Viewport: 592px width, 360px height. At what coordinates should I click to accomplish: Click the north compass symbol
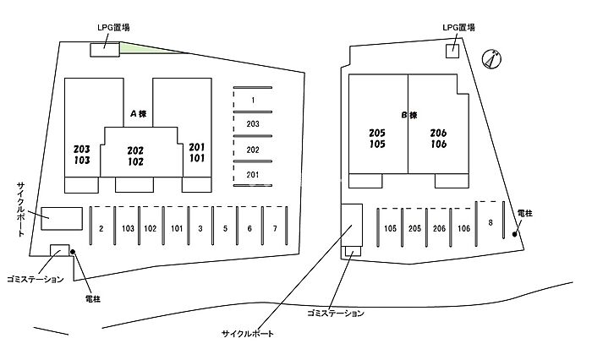pos(491,58)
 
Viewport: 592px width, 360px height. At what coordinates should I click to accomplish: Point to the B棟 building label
pos(409,115)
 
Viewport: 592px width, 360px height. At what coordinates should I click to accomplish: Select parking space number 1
pos(253,101)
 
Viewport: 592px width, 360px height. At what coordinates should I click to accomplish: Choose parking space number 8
pos(490,222)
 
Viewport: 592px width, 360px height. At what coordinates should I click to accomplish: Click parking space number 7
pos(275,229)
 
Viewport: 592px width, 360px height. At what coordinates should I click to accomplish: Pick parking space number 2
pos(101,229)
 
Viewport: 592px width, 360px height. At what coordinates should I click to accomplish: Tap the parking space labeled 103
pos(128,229)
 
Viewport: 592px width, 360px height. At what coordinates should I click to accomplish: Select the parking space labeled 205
pos(414,229)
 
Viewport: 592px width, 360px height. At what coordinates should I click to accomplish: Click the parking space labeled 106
pos(463,229)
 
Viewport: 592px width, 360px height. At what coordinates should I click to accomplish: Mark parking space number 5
pos(225,229)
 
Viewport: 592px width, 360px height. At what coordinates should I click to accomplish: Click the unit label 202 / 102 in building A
pos(135,155)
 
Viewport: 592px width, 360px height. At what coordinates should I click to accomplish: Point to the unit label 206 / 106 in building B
pos(438,139)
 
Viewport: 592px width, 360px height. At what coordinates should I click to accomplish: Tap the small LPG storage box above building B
pos(452,51)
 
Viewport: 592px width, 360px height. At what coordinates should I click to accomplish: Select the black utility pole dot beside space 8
pos(517,235)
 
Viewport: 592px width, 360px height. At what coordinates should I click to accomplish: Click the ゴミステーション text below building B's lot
pos(336,314)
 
